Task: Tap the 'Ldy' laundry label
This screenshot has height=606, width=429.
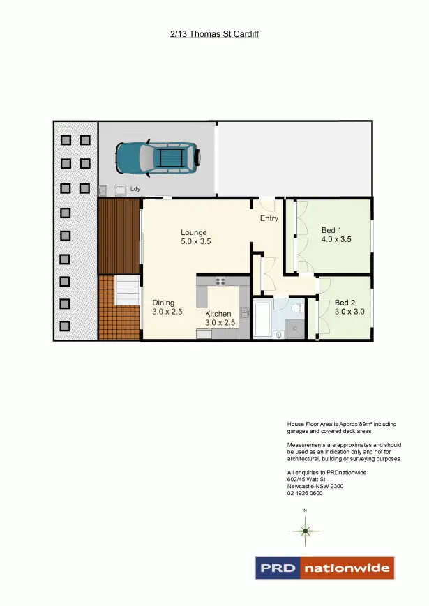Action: [x=135, y=188]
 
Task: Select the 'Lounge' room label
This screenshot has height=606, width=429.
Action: [x=194, y=232]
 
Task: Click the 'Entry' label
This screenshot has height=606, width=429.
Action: [x=269, y=218]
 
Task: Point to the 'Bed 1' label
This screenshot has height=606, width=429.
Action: [x=331, y=230]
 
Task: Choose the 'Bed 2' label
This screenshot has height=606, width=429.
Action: [x=345, y=303]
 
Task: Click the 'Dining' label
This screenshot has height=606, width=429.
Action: [x=163, y=303]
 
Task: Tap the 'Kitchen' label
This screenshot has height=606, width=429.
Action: [x=218, y=314]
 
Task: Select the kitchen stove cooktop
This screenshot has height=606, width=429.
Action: [x=221, y=282]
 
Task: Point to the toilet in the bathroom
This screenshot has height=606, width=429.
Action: [x=296, y=307]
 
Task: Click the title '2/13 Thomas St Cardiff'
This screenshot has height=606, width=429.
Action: [x=214, y=33]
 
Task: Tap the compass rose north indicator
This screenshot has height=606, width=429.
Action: [x=305, y=531]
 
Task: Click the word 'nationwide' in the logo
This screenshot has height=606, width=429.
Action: [x=347, y=568]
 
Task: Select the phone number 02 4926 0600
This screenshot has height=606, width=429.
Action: [x=304, y=494]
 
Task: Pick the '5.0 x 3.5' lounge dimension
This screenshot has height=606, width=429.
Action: [x=195, y=242]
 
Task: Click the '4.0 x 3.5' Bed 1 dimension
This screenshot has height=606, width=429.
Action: [x=336, y=239]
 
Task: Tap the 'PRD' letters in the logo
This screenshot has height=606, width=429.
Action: [x=277, y=568]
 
